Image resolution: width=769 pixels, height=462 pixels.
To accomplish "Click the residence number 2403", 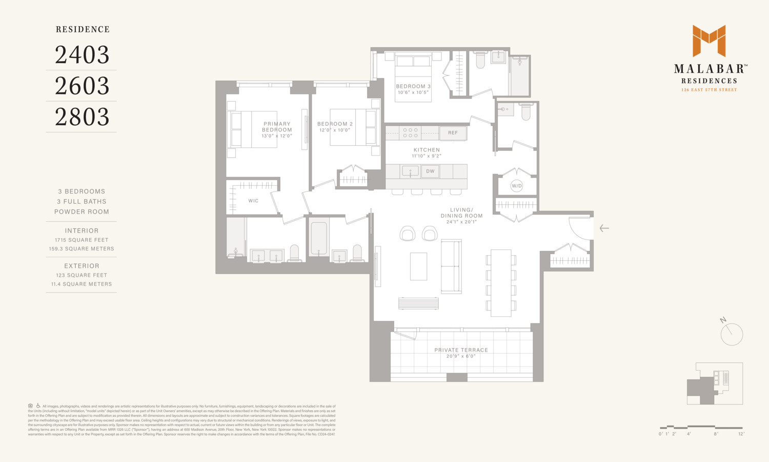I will coord(82,55).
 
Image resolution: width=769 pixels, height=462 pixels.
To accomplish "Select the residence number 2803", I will coord(82,117).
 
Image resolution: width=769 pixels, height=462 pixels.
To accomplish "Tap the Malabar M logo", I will coord(709,41).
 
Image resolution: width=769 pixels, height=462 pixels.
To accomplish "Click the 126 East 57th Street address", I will coord(709,90).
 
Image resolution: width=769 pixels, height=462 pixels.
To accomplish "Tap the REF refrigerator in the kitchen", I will coord(453,133).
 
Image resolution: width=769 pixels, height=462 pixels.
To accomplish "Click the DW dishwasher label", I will coord(430,171).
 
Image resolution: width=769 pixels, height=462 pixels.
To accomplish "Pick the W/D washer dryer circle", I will coord(517,186).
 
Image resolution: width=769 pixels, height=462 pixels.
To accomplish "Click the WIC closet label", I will coord(253,201).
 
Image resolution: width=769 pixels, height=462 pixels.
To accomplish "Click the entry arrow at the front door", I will coord(604,228).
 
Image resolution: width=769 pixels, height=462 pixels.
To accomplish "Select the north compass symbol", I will coord(731,334).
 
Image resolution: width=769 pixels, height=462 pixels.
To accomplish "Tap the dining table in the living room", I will coord(501,283).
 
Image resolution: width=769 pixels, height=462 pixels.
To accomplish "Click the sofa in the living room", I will coord(451,266).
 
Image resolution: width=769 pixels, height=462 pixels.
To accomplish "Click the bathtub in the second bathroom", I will coord(318,238).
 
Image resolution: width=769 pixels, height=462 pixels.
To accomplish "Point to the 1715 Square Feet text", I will coord(82,240).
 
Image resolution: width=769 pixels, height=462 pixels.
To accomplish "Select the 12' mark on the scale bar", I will coord(741,434).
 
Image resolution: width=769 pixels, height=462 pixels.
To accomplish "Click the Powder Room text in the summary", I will coord(82,211).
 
